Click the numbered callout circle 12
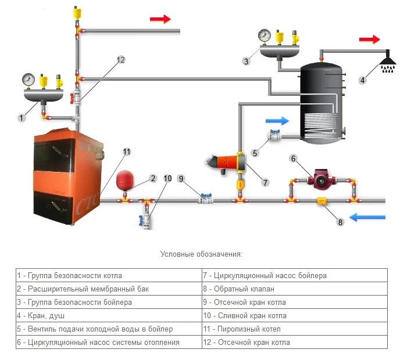pos(121,59)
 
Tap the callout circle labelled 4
pos(363,80)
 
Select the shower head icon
pos(387,62)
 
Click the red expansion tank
pos(125,181)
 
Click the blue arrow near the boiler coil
pos(277,121)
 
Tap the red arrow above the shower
pos(369,39)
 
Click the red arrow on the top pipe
pos(160,19)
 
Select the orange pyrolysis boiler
pos(69,174)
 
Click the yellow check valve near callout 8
pos(321,201)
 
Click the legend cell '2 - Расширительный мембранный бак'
pos(108,289)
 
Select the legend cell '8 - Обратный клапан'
pos(294,289)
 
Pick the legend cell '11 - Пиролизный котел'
pos(294,329)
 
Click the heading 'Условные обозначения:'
pos(201,254)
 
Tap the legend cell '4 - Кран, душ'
pos(108,316)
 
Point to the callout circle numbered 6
pos(294,158)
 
